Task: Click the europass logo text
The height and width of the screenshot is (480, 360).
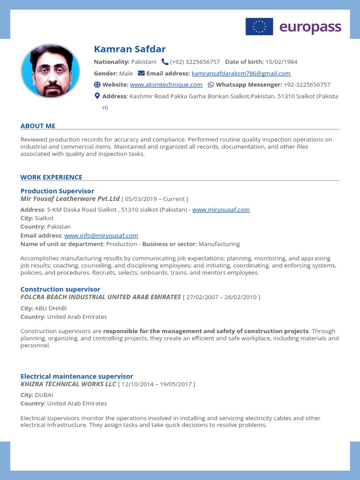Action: (310, 27)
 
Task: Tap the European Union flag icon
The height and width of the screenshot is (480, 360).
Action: (259, 27)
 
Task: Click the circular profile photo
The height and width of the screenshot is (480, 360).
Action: (51, 71)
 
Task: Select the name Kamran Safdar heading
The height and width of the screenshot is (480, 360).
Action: (130, 49)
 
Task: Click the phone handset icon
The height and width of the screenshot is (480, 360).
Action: (165, 62)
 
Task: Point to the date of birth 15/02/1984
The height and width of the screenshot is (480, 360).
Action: (281, 62)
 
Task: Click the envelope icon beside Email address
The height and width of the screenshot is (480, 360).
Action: (141, 74)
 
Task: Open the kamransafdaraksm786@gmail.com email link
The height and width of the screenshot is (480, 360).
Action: (241, 74)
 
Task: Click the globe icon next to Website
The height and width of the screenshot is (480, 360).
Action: (97, 85)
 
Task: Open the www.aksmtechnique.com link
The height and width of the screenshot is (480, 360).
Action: (166, 85)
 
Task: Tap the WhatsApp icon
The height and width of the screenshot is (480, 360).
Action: (210, 85)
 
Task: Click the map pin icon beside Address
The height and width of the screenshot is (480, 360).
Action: (97, 96)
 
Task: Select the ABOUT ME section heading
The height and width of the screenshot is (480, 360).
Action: (38, 126)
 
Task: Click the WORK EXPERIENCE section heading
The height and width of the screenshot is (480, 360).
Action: (52, 177)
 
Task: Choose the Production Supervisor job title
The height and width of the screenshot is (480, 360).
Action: (57, 191)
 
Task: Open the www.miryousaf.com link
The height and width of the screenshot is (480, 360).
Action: (221, 210)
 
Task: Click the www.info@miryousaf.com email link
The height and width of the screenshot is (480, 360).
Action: (101, 235)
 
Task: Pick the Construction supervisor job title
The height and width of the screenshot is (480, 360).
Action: (60, 289)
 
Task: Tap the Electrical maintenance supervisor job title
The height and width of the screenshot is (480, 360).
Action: (77, 376)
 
